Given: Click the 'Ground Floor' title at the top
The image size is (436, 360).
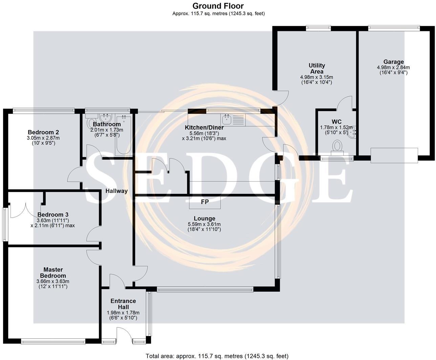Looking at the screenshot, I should coord(218,6).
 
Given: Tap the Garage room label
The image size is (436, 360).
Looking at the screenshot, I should coord(393,62).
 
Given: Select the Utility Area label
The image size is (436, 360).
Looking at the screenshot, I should coord(317,68).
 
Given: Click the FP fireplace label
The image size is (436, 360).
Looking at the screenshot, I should coord(205,202).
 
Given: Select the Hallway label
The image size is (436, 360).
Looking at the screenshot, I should coord(116,191).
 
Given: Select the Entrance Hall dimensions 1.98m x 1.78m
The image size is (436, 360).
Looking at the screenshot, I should coord(123,313).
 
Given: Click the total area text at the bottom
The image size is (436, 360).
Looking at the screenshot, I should coord(217,356).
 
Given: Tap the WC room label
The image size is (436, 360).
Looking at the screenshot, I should coord(336,122).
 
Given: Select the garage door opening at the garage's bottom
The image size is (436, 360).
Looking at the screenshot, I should coord(394,155).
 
